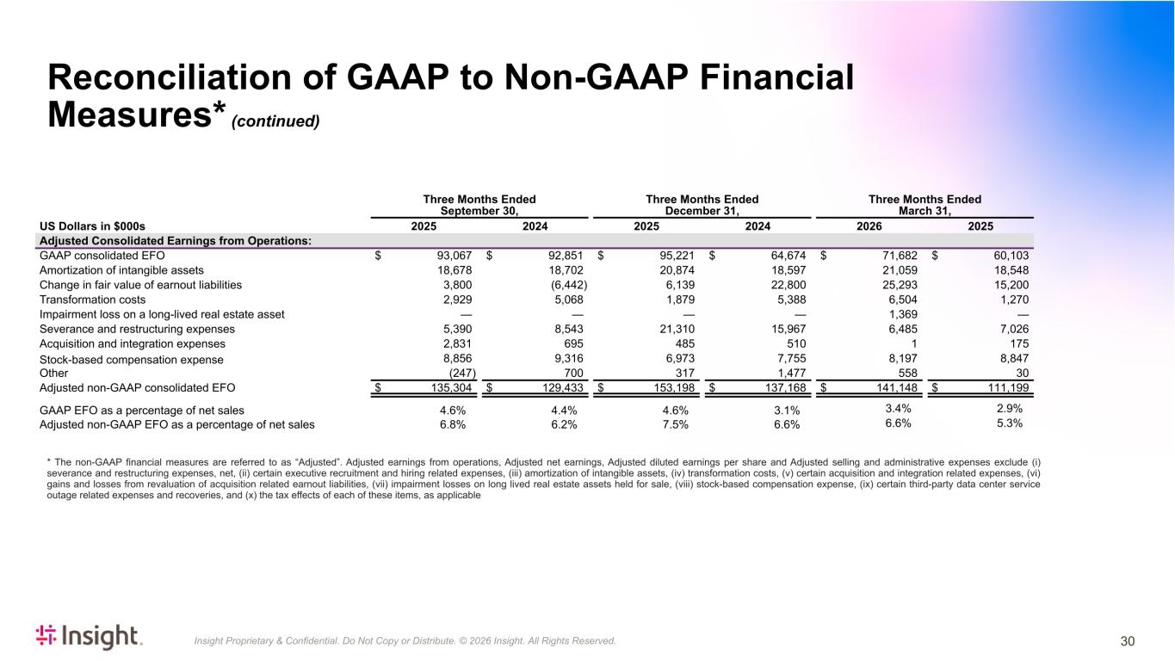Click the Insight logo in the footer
point(89,637)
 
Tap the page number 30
point(1128,641)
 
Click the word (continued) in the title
point(275,121)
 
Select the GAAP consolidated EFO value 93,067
point(455,256)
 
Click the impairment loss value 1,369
point(903,314)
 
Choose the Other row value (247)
point(462,373)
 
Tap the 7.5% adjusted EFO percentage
point(675,424)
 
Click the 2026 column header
point(869,226)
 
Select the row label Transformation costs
point(92,300)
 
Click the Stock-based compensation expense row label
point(131,360)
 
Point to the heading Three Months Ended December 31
point(702,205)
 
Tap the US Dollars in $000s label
point(92,226)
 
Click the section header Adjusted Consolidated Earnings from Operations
point(176,241)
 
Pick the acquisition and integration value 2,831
point(457,343)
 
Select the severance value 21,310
point(677,329)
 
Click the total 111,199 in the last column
point(1008,387)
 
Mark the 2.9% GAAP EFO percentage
point(1009,408)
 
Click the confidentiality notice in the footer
point(405,640)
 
